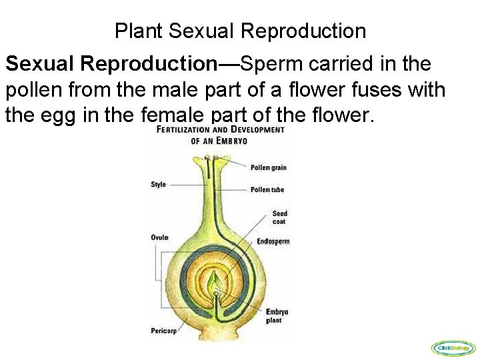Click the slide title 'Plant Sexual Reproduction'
pyautogui.click(x=240, y=31)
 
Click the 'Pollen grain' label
pyautogui.click(x=268, y=167)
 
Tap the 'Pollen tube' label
pyautogui.click(x=267, y=190)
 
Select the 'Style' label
pyautogui.click(x=158, y=185)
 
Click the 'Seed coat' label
pyautogui.click(x=279, y=217)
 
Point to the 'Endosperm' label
pyautogui.click(x=273, y=241)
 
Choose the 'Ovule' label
pyautogui.click(x=159, y=237)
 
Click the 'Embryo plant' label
pyautogui.click(x=277, y=316)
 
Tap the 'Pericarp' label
pyautogui.click(x=163, y=329)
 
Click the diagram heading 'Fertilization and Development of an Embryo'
pyautogui.click(x=220, y=135)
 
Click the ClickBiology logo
pyautogui.click(x=454, y=347)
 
